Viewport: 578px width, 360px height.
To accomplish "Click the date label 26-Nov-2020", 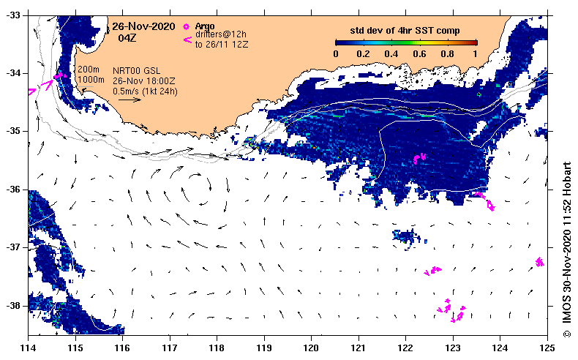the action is [x=143, y=26].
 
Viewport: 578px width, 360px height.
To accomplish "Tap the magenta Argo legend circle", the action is [x=186, y=26].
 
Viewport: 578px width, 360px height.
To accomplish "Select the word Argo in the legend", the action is [x=205, y=26].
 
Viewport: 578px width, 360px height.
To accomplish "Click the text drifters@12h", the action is [x=221, y=34].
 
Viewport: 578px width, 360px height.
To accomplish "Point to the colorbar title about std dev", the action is [x=405, y=31].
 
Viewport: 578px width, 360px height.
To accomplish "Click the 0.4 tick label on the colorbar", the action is [x=391, y=54].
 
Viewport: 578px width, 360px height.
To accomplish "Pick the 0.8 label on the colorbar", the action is [x=447, y=54].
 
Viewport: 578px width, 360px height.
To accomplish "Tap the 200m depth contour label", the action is [x=88, y=70].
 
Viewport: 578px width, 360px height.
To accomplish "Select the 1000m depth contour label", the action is [x=91, y=80].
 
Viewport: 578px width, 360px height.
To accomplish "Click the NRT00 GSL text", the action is [x=136, y=71].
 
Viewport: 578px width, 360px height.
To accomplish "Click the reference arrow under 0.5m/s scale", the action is [x=130, y=100].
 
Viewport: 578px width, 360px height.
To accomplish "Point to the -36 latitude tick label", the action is [x=15, y=190].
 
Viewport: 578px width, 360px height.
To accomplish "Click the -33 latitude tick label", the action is [x=15, y=15].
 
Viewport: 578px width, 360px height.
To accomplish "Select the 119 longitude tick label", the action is [x=264, y=348].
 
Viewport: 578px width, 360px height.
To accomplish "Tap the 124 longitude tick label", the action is [x=500, y=348].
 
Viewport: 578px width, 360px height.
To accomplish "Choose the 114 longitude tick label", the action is [x=28, y=348].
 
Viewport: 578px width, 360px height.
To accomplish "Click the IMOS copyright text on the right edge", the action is [x=566, y=250].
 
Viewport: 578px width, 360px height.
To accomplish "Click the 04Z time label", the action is [x=127, y=37].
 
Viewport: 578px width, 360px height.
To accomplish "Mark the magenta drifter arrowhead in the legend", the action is [x=187, y=40].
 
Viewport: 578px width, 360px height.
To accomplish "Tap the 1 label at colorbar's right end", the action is [x=476, y=54].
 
